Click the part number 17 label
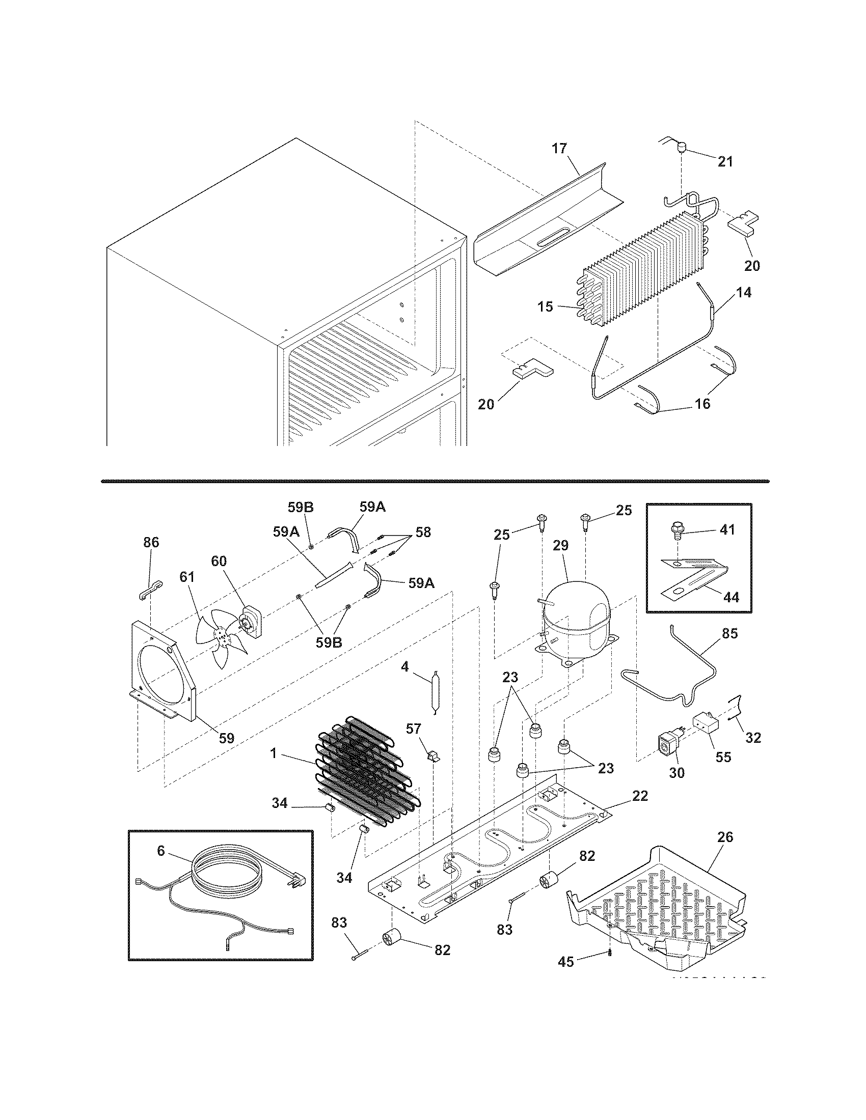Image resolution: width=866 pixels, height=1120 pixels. point(559,149)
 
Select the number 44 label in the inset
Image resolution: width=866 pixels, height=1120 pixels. point(732,597)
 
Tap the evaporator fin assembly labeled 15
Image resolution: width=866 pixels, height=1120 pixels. point(641,267)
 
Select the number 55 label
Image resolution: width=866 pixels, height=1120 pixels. point(723,757)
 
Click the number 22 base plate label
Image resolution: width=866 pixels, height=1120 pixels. point(640,795)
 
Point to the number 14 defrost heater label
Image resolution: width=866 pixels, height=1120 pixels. point(744,292)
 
